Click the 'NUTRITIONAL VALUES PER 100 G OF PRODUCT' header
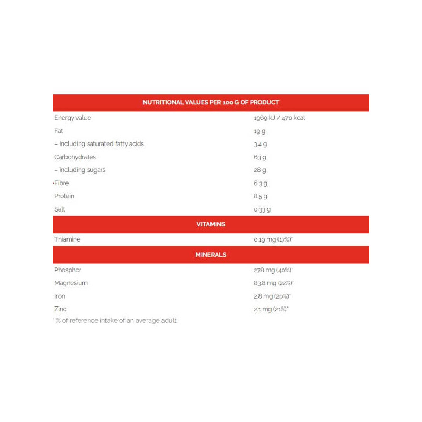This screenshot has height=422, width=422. [211, 102]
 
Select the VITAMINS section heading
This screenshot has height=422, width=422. [211, 224]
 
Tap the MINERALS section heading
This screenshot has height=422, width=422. [211, 255]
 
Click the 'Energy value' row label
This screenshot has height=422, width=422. [72, 118]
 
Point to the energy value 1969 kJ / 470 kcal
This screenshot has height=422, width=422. [279, 118]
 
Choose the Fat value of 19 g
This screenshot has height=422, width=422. [260, 131]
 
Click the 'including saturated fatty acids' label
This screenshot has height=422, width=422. [99, 143]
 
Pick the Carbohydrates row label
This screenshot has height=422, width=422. [75, 157]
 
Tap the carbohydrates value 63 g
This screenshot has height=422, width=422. [260, 157]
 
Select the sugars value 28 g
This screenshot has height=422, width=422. [260, 170]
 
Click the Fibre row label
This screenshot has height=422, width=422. [62, 183]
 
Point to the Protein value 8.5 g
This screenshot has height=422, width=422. [261, 196]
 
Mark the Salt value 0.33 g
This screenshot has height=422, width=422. [262, 209]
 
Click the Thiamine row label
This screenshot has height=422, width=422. [67, 239]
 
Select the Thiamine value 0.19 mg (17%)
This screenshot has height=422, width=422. [273, 239]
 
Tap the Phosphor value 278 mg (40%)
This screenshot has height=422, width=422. [273, 270]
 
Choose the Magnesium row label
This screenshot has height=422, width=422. [71, 283]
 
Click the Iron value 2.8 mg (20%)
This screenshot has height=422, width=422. [272, 296]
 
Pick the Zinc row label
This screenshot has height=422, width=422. [61, 309]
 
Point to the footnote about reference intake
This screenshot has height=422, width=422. [116, 321]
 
